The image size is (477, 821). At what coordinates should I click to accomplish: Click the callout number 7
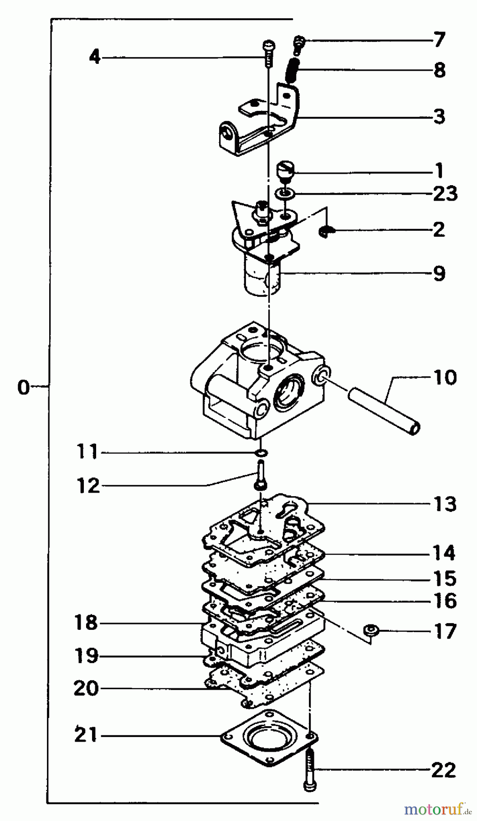(438, 40)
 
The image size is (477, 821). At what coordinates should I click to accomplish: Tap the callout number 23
(444, 193)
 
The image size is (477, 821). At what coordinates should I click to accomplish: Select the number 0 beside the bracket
(23, 387)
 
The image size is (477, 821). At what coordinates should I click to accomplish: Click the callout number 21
(86, 735)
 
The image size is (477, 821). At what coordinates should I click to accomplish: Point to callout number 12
(88, 486)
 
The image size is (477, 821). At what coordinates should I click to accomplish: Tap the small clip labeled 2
(326, 232)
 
